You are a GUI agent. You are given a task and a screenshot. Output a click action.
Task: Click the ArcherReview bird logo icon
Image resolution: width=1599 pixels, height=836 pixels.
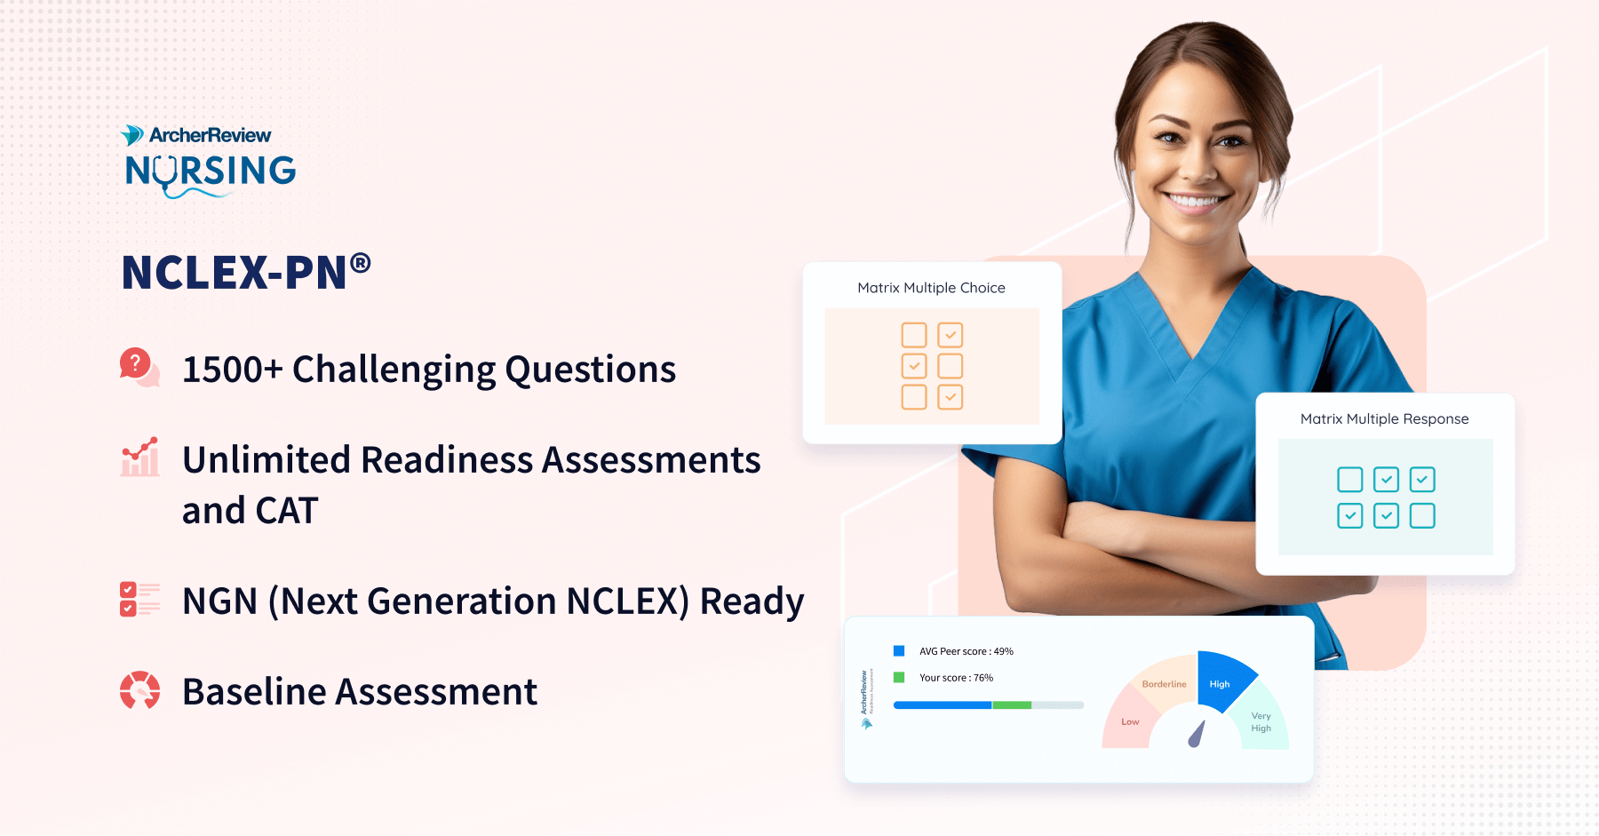coord(132,135)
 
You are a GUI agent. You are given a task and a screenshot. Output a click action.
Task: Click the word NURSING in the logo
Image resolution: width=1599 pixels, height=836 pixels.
coord(211,171)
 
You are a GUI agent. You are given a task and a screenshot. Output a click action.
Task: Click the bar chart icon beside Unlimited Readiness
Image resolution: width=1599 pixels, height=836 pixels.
coord(140,457)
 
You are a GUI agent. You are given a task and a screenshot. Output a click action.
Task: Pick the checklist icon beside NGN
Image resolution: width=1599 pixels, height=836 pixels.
coord(139,600)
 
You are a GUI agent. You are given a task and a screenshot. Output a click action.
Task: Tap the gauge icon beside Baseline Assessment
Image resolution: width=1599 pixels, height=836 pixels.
coord(139,690)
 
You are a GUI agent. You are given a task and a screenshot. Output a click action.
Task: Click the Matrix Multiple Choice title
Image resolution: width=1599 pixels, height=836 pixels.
coord(931,288)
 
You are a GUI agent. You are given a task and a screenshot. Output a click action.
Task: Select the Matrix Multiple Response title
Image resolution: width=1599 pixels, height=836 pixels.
coord(1384,419)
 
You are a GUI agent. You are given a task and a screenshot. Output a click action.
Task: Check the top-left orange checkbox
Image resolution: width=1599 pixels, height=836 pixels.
coord(913,335)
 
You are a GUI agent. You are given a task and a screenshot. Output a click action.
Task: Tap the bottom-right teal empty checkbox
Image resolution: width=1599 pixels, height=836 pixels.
coord(1422,516)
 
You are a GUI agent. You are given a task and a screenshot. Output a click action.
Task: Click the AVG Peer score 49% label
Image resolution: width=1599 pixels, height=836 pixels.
coord(966,651)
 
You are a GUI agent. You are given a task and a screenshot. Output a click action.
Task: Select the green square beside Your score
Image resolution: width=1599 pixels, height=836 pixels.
coord(899,677)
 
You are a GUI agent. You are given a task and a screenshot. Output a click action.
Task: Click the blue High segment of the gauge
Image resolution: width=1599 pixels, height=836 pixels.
coord(1222,681)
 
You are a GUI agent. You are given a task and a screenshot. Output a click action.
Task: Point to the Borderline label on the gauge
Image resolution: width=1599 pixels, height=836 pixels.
coord(1164,684)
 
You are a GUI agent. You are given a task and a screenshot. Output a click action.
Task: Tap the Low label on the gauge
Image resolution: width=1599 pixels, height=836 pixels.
coord(1130,721)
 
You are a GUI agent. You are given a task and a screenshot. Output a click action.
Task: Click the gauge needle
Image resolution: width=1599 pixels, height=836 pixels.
coord(1197,735)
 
